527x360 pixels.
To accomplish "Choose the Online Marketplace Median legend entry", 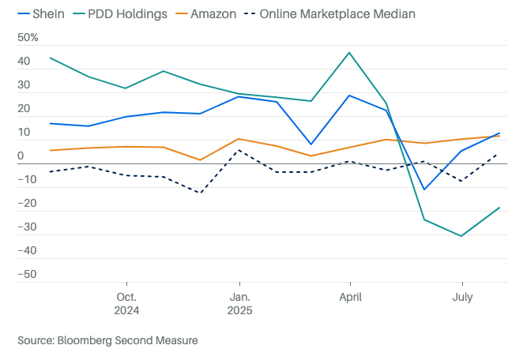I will click(x=337, y=13).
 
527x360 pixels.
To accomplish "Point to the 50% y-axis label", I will click(x=28, y=38).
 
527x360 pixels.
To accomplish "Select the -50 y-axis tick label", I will click(x=26, y=275).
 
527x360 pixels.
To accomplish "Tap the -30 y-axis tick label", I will click(x=26, y=227).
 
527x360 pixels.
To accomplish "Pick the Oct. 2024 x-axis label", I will click(x=126, y=304).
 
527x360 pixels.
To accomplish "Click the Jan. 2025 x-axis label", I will click(x=239, y=304).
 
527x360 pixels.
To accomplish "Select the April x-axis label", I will click(x=350, y=298).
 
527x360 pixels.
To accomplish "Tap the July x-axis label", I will click(x=461, y=298).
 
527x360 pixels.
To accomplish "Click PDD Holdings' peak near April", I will click(x=349, y=53).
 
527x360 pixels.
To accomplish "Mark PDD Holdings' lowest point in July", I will click(x=461, y=236).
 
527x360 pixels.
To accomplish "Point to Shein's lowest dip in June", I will click(x=424, y=189).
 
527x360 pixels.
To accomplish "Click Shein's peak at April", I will click(x=349, y=96).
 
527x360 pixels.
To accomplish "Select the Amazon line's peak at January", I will click(x=239, y=139).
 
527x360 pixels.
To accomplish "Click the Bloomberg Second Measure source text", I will click(x=107, y=340).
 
